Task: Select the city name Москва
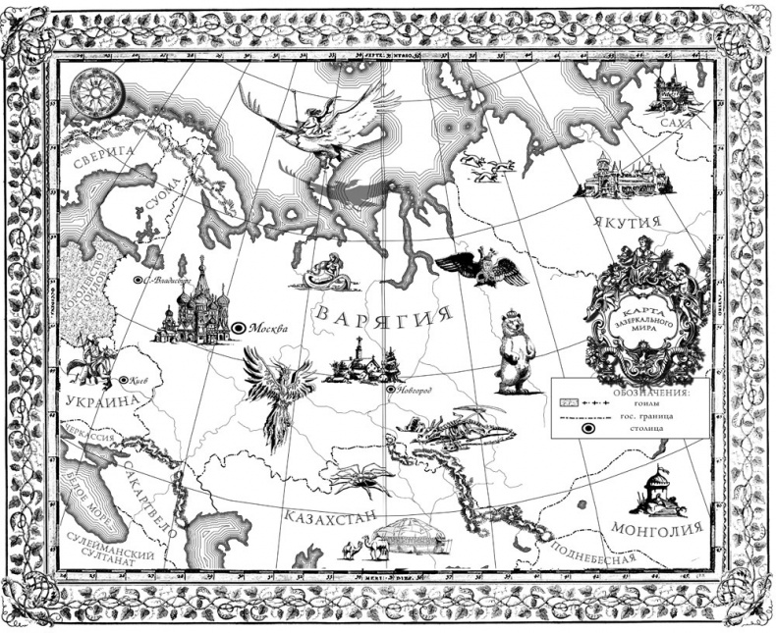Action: pos(271,329)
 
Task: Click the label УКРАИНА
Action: pos(100,402)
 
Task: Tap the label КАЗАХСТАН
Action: pos(331,515)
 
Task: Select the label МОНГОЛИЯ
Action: pos(658,530)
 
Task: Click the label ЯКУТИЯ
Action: pos(631,223)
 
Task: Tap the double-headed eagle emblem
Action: pos(481,266)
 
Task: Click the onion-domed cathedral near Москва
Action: pos(194,308)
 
